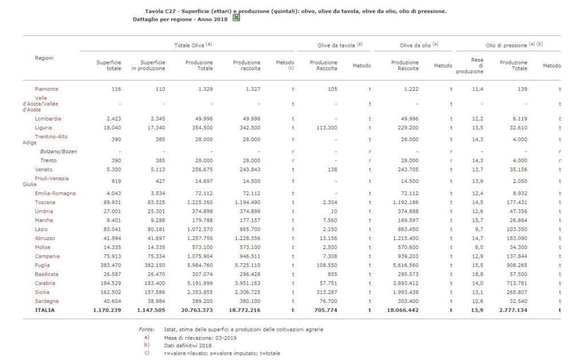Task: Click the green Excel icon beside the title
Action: pyautogui.click(x=236, y=18)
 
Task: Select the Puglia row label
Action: pyautogui.click(x=42, y=265)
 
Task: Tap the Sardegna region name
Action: pyautogui.click(x=47, y=301)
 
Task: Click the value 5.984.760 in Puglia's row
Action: pyautogui.click(x=199, y=265)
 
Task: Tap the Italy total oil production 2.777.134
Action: pyautogui.click(x=512, y=310)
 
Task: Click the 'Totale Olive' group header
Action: pyautogui.click(x=193, y=45)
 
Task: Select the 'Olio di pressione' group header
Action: pyautogui.click(x=506, y=45)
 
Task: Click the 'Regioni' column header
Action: pyautogui.click(x=45, y=58)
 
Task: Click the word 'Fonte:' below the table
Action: pyautogui.click(x=146, y=329)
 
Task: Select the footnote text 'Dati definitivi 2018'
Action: pyautogui.click(x=187, y=345)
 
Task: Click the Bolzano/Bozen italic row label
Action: pyautogui.click(x=58, y=151)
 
